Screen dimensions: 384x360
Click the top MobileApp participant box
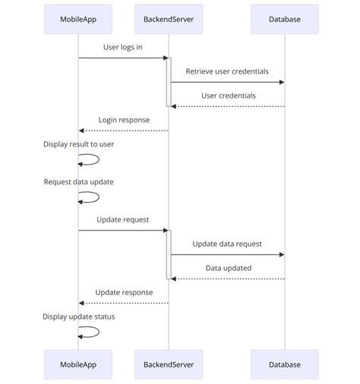(x=77, y=19)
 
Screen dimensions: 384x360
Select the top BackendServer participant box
(x=169, y=19)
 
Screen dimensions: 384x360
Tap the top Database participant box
(x=284, y=19)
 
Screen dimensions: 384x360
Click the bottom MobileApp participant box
(x=77, y=364)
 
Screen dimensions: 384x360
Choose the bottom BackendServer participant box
(x=169, y=364)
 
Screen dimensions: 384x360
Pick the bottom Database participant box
(x=284, y=364)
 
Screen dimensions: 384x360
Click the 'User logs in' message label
(x=122, y=47)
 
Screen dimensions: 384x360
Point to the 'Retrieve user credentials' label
(x=227, y=71)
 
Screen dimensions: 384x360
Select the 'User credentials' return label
(x=228, y=96)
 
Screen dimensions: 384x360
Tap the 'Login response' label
(x=124, y=120)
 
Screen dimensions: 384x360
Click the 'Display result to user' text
(x=78, y=143)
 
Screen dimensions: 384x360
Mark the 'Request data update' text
(x=78, y=181)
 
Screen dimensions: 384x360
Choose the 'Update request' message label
(x=122, y=219)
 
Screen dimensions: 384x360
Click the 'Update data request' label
(x=227, y=244)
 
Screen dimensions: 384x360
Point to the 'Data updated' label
(x=228, y=268)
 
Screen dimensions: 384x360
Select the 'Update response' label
(x=124, y=292)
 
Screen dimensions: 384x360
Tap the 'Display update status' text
(x=78, y=316)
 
